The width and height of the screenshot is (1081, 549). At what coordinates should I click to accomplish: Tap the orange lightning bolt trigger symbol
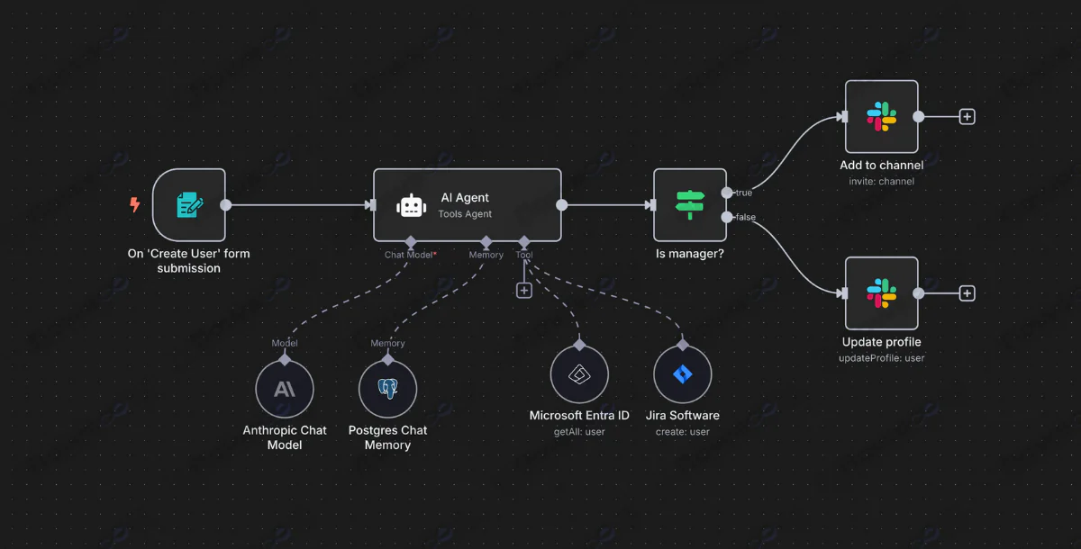[x=135, y=205]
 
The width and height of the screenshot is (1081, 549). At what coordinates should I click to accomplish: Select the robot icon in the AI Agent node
[x=411, y=205]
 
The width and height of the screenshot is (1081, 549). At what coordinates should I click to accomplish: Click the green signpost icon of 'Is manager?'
[x=690, y=205]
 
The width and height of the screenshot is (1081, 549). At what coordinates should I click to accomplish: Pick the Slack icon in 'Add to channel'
[x=881, y=116]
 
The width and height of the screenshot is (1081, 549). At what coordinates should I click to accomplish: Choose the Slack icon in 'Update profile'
[x=881, y=292]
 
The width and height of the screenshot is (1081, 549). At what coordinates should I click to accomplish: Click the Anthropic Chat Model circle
[x=285, y=389]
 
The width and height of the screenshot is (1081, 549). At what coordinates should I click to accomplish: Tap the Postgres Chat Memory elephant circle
[x=387, y=389]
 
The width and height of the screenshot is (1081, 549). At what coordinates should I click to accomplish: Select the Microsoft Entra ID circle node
[x=579, y=375]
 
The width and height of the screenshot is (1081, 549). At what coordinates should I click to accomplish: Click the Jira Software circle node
[x=682, y=375]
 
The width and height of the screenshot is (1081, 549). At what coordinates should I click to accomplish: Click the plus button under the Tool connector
[x=524, y=291]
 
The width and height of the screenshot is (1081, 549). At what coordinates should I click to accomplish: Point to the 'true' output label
[x=743, y=193]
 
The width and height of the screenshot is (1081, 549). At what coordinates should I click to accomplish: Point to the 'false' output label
[x=745, y=217]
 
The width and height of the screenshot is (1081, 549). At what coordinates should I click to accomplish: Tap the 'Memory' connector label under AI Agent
[x=486, y=255]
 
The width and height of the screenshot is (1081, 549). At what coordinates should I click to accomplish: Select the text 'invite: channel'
[x=881, y=181]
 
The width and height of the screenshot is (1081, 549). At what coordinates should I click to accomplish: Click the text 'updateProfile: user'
[x=881, y=357]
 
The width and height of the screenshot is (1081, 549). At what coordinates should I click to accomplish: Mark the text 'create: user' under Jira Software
[x=682, y=431]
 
